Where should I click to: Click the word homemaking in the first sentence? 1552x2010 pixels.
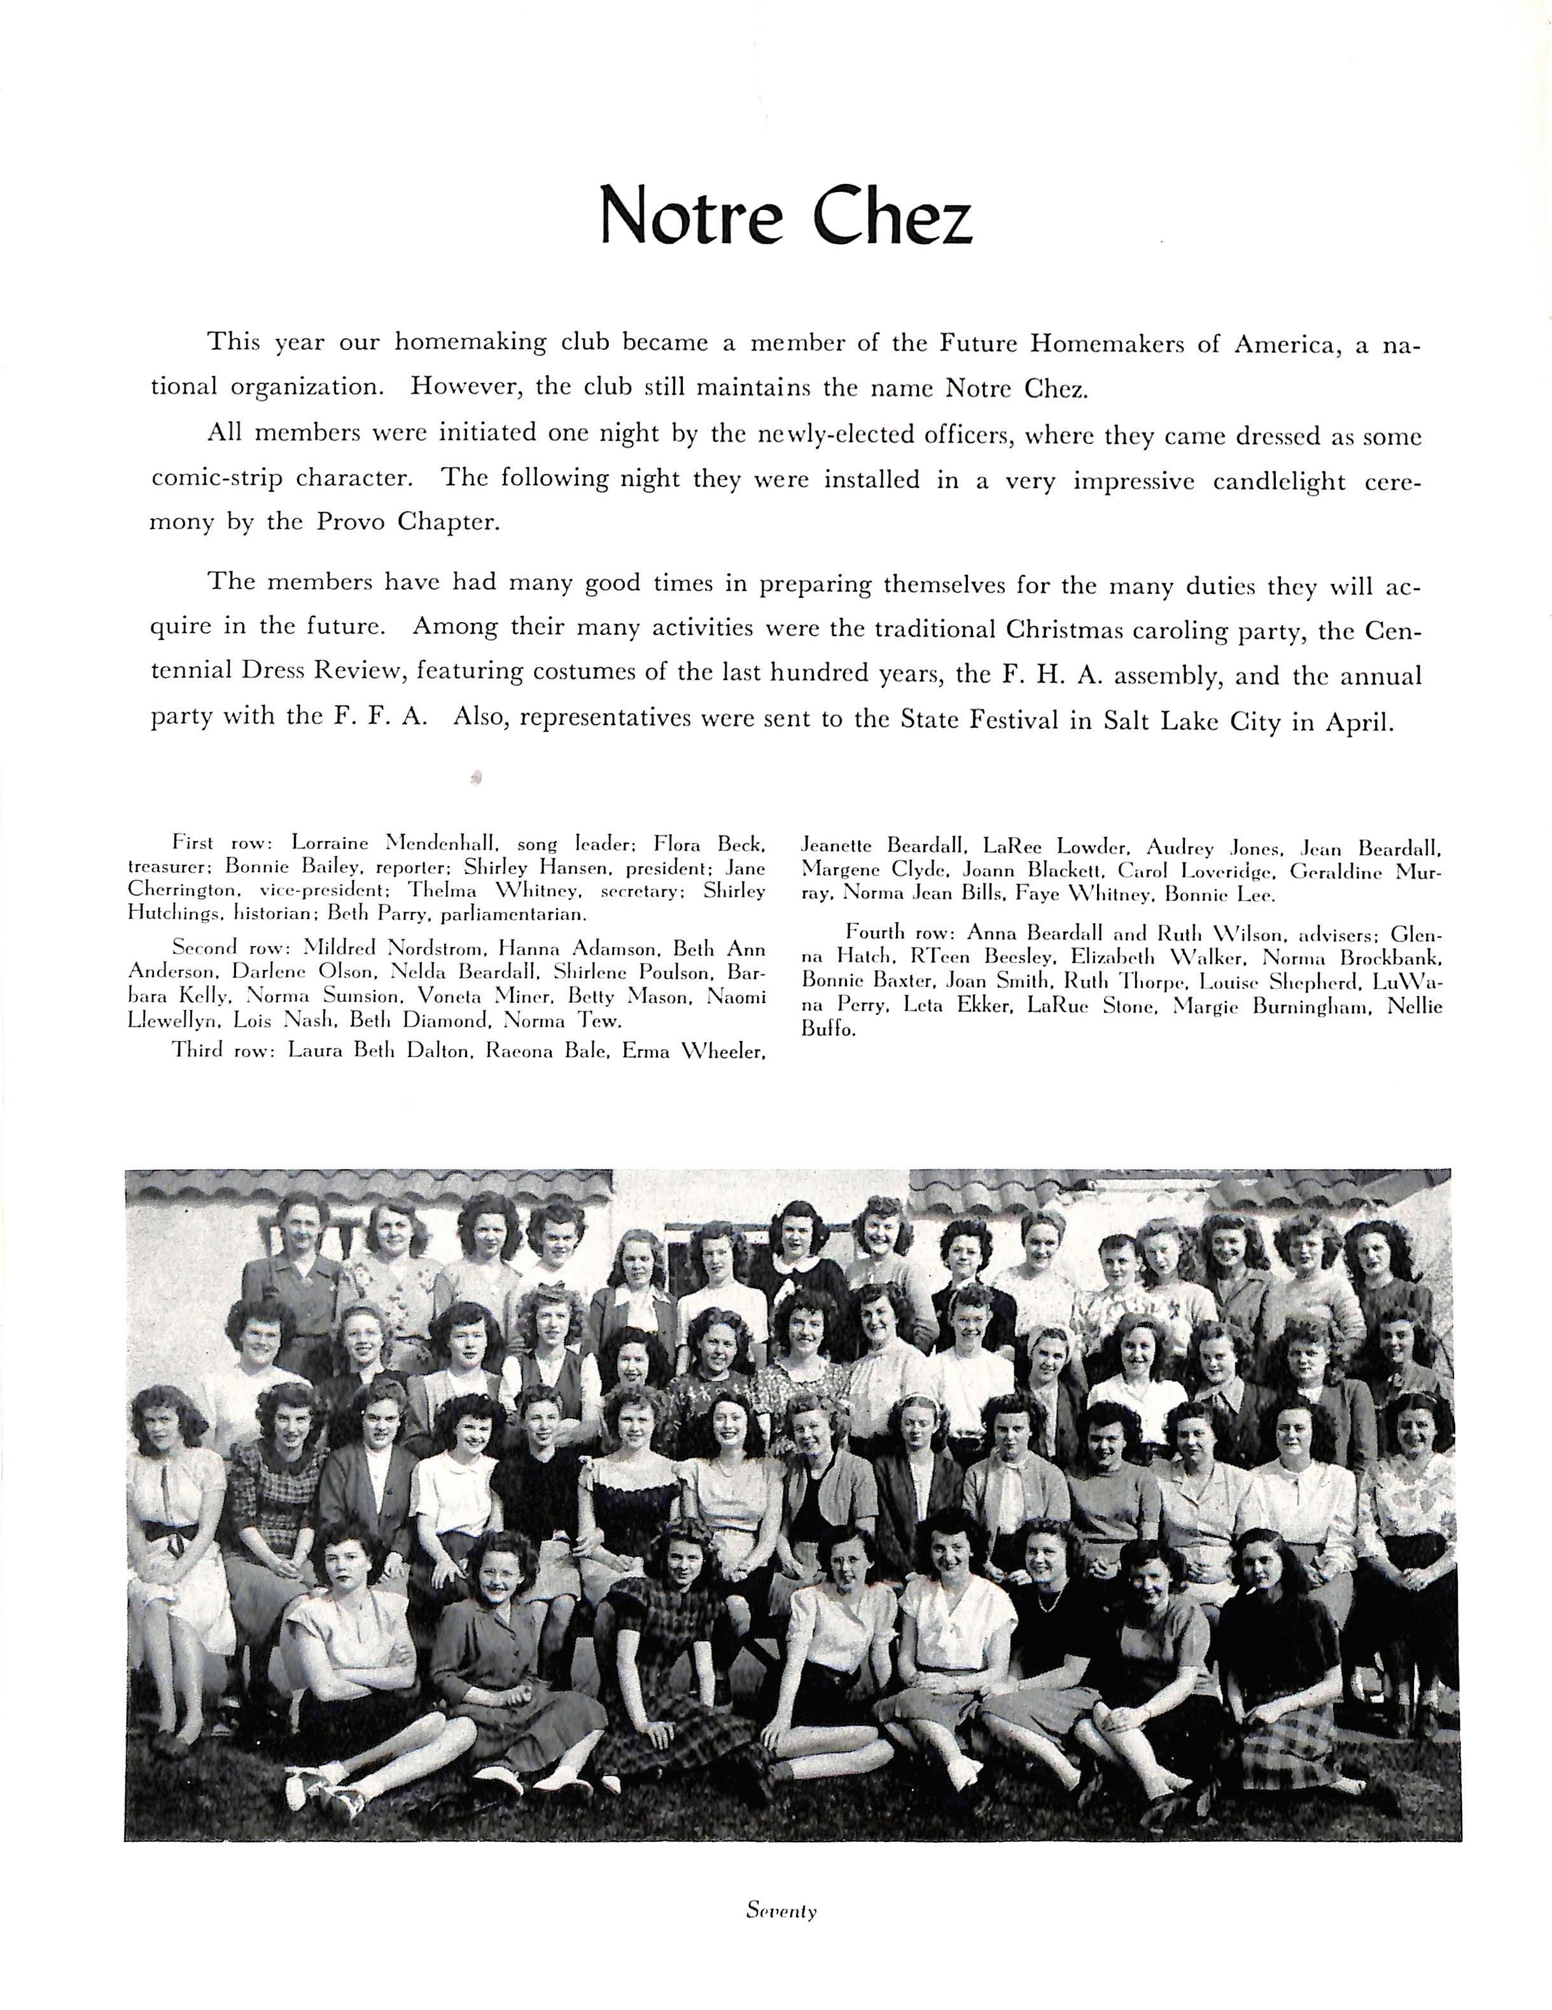(x=475, y=342)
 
